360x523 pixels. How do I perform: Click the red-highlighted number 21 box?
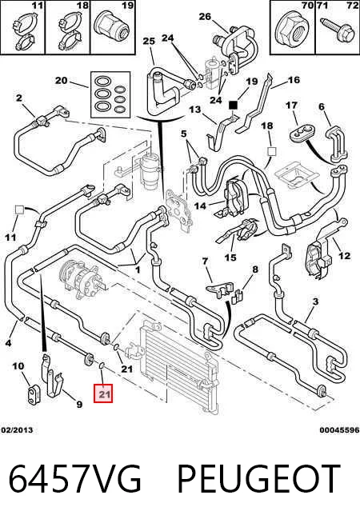point(103,393)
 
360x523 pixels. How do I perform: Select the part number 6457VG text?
point(74,478)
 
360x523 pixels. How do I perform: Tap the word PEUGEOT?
point(259,478)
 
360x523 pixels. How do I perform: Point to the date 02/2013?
point(17,430)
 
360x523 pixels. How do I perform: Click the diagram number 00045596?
point(340,430)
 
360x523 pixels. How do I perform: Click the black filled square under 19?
point(233,105)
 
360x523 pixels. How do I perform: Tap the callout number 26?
point(205,16)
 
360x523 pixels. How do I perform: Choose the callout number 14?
point(200,206)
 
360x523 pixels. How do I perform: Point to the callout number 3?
point(315,301)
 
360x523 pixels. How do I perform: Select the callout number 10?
point(18,366)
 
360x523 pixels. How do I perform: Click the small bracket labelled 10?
point(34,396)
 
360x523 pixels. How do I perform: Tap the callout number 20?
point(61,81)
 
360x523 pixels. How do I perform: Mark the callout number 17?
point(291,105)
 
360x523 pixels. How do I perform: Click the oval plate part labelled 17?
point(298,134)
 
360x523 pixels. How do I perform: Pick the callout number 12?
point(345,256)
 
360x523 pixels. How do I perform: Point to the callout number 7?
point(205,261)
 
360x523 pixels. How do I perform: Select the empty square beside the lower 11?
point(19,210)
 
